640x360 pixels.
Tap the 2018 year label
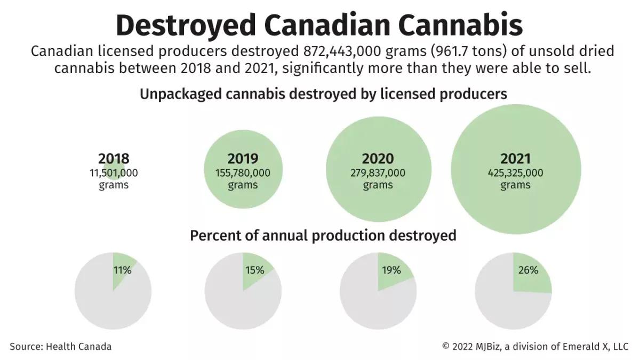click(x=114, y=158)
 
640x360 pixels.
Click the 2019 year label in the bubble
click(x=243, y=158)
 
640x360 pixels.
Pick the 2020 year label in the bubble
click(x=378, y=158)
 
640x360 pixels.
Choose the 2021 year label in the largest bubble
click(x=515, y=158)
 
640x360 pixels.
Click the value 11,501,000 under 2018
click(x=114, y=173)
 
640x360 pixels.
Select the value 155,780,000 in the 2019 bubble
click(x=243, y=173)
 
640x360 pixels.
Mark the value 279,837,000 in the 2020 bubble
click(x=378, y=173)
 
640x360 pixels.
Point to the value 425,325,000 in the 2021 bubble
click(x=515, y=173)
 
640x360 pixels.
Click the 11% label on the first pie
click(x=122, y=270)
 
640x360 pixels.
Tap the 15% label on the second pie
click(x=254, y=270)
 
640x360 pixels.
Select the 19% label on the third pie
click(x=391, y=270)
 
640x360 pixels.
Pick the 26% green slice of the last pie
click(x=531, y=275)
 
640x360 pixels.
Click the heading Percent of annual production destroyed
click(x=323, y=235)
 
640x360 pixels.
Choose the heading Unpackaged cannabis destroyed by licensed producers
click(x=323, y=94)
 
